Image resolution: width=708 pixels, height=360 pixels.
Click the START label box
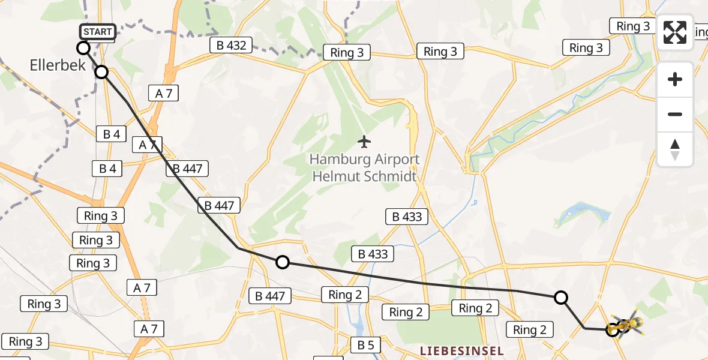(x=97, y=32)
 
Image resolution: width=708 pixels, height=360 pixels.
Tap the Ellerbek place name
(x=58, y=65)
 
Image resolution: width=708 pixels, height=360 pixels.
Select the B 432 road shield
(x=231, y=45)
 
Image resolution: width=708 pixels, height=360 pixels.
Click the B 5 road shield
(x=365, y=345)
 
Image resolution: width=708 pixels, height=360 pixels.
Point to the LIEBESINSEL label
(x=461, y=350)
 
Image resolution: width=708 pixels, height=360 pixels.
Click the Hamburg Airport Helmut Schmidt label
(x=364, y=168)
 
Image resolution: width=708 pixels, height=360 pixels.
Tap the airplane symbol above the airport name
(x=364, y=142)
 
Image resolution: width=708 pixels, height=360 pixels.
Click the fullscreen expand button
(x=675, y=32)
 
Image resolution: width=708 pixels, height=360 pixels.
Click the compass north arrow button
(x=675, y=149)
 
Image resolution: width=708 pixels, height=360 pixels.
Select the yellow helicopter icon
(x=626, y=326)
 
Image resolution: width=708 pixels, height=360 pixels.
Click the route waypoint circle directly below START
(x=83, y=48)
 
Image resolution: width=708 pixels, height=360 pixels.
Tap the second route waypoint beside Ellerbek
(x=101, y=72)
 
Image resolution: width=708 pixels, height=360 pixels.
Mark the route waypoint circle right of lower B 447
(x=283, y=262)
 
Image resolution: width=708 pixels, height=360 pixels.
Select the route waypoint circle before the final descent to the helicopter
(x=560, y=298)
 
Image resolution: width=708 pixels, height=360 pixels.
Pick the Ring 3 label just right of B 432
(x=347, y=53)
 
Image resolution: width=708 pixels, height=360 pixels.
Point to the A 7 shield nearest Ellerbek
(x=163, y=92)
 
